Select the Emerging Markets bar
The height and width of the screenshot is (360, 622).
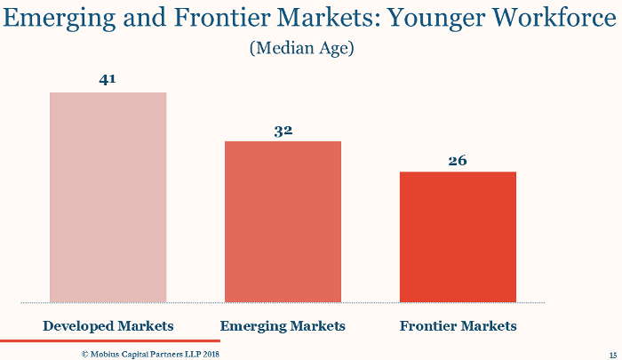(283, 221)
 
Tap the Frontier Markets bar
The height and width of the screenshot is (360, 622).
(458, 236)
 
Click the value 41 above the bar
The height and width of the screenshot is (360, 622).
(108, 80)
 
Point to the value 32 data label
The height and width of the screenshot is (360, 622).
(283, 130)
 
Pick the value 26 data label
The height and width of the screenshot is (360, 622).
(458, 160)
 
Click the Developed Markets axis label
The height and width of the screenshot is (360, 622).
(108, 326)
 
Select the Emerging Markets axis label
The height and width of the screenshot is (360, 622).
(283, 326)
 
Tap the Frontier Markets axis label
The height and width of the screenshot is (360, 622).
(458, 326)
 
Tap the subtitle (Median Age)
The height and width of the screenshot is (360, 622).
(302, 48)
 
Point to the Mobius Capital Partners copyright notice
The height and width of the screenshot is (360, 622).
(150, 354)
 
